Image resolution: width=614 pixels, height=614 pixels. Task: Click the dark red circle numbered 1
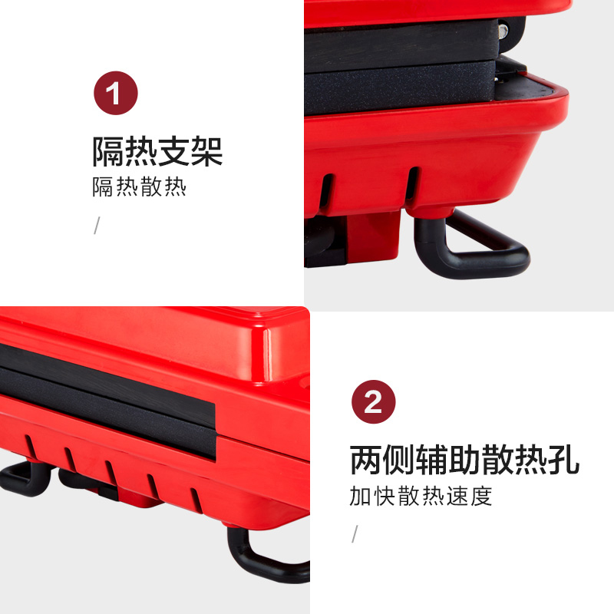[x=116, y=93]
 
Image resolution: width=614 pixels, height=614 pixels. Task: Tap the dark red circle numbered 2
[x=374, y=401]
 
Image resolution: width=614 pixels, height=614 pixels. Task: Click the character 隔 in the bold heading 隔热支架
[x=108, y=151]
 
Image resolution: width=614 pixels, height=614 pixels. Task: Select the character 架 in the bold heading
[x=207, y=151]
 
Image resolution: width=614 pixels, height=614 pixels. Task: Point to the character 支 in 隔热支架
[x=174, y=151]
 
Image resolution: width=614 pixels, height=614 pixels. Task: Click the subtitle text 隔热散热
[x=140, y=187]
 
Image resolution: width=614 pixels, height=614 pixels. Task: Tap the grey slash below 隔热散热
[x=97, y=225]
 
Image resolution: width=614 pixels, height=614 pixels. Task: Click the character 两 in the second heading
[x=365, y=460]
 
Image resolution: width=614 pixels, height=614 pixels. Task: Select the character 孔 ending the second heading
[x=563, y=460]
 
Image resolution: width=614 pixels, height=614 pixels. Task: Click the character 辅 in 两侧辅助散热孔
[x=431, y=460]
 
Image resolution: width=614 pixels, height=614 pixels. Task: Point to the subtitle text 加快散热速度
[x=421, y=496]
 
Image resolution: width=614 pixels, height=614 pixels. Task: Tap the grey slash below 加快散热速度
[x=355, y=533]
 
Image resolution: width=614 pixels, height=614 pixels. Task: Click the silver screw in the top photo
[x=503, y=31]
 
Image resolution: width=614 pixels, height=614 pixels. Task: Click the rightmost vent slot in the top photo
[x=412, y=184]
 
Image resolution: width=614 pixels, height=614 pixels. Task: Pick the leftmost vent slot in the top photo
[x=326, y=192]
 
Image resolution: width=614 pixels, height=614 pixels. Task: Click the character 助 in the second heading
[x=464, y=460]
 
